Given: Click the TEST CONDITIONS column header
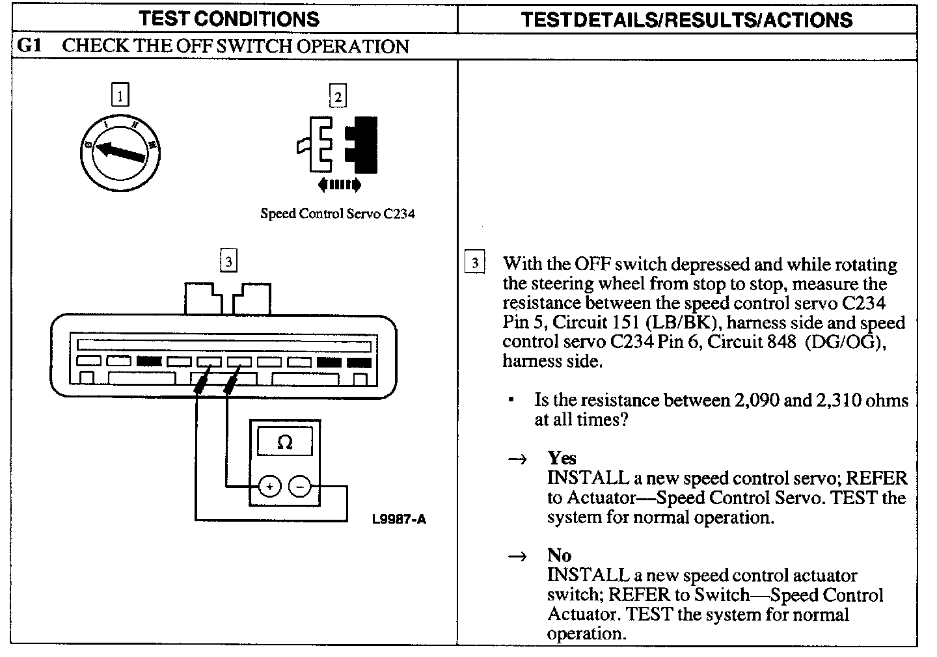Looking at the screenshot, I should [x=229, y=19].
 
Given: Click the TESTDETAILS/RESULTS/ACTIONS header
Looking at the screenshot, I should [x=686, y=20].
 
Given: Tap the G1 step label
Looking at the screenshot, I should [x=29, y=46].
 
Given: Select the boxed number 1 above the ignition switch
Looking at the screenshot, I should [x=120, y=96].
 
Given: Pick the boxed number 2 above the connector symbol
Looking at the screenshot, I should [x=337, y=96].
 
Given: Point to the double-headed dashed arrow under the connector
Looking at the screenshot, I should [x=339, y=186].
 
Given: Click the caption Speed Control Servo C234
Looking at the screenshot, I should [x=337, y=213].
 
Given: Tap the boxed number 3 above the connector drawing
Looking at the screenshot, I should [x=228, y=261].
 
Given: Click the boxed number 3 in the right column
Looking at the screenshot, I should [x=474, y=263].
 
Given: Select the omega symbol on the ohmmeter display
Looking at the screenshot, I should [x=284, y=443].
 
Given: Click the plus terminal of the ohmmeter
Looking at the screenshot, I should [x=270, y=486].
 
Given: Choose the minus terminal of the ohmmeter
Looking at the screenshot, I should [x=300, y=486].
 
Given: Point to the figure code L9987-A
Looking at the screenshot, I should [x=399, y=519].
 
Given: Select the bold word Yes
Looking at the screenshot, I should [x=562, y=458].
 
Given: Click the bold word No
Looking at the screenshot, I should [x=559, y=555].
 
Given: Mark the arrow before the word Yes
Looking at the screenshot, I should [x=517, y=459].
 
